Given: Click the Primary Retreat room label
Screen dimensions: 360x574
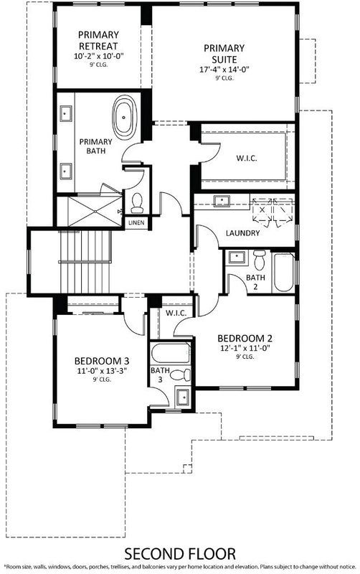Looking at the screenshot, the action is (x=98, y=40).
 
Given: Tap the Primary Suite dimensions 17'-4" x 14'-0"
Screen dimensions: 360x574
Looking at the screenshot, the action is (x=224, y=70).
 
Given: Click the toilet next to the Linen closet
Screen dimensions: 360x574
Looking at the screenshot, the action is (x=137, y=203).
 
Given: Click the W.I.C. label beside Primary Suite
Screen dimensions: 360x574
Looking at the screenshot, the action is (x=247, y=158).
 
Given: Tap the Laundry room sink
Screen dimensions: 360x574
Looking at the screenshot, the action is (x=222, y=201).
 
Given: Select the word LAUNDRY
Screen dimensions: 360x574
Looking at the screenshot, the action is (x=242, y=232).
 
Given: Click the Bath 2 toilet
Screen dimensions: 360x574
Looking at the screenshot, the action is (x=260, y=259).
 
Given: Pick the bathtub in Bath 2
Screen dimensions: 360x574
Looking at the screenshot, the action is (x=284, y=272).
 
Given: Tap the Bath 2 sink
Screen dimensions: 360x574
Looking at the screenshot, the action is (x=236, y=257).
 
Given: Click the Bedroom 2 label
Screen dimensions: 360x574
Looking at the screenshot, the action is (x=245, y=339).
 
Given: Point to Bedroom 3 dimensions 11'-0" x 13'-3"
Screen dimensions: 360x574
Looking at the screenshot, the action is (x=102, y=371).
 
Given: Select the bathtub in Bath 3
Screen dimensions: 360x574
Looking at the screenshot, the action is (x=171, y=352).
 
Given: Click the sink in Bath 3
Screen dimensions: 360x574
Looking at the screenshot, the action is (x=182, y=397).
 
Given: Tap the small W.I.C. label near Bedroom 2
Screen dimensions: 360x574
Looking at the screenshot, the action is (x=176, y=314).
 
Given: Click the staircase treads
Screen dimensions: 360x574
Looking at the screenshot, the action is (x=85, y=262).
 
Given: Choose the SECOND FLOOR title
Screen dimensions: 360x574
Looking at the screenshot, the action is (x=180, y=554).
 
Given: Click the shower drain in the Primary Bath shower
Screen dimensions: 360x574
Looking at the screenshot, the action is (x=95, y=211).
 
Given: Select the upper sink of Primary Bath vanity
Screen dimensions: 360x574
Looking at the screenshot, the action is (x=66, y=113).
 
